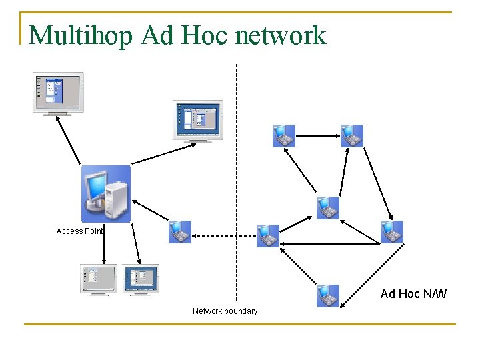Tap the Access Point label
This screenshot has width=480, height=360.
79,231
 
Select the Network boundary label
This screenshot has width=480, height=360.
225,311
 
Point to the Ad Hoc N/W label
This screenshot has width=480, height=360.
413,294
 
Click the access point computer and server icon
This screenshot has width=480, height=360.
105,194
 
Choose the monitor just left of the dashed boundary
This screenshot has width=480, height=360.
198,121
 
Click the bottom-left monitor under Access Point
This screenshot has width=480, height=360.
98,279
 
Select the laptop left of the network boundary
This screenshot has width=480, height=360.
179,232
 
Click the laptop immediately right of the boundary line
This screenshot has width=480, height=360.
268,235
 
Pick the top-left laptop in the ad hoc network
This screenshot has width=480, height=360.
283,135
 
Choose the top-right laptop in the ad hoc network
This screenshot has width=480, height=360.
351,135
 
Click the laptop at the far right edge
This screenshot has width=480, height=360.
391,231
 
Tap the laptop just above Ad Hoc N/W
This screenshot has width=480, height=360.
327,295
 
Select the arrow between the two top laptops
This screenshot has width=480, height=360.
317,136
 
